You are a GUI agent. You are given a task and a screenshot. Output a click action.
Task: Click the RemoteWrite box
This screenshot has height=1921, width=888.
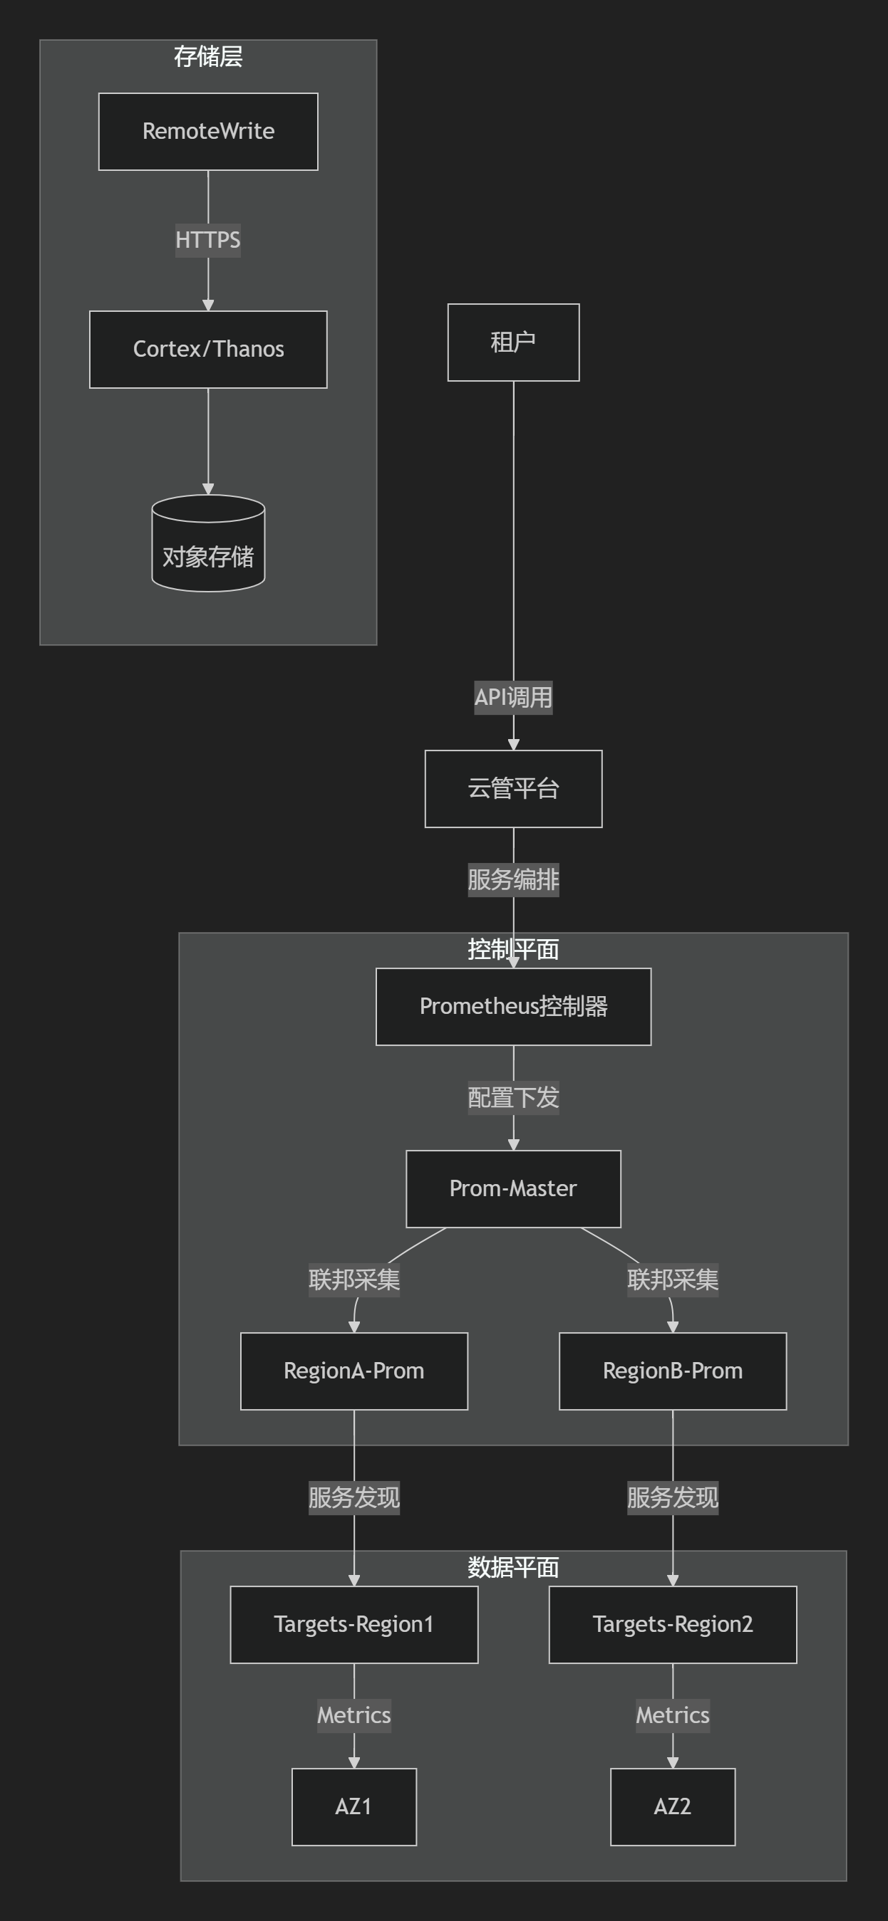coord(208,131)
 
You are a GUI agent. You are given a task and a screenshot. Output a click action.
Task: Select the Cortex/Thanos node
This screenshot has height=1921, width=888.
coord(208,349)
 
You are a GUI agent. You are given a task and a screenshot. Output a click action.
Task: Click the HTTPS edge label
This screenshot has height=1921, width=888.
coord(208,240)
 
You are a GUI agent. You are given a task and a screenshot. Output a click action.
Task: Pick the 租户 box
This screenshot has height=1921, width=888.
coord(513,342)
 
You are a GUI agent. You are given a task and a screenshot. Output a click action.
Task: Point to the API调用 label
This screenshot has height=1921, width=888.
coord(513,697)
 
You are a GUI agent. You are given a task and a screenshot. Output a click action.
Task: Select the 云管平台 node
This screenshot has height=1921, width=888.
coord(513,788)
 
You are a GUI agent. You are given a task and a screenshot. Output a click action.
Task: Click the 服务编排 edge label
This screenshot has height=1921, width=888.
coord(513,880)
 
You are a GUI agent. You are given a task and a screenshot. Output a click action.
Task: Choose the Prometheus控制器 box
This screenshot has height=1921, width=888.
coord(513,1006)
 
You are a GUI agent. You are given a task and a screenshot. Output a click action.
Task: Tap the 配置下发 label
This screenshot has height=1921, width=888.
coord(513,1098)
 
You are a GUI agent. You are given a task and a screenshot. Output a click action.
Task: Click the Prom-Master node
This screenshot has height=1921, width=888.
coord(513,1188)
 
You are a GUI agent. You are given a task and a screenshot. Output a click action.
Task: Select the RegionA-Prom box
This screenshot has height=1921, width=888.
coord(353,1371)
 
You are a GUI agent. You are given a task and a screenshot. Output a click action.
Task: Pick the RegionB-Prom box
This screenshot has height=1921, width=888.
coord(672,1371)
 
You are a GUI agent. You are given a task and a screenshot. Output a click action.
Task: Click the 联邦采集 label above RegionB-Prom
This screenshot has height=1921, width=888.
coord(672,1279)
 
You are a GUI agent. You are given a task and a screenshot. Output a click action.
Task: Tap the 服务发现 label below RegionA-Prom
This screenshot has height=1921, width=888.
coord(353,1497)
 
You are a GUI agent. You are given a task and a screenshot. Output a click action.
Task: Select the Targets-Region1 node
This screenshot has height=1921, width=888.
coord(353,1624)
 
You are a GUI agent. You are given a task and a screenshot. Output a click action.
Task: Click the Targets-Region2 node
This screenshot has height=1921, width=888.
coord(672,1624)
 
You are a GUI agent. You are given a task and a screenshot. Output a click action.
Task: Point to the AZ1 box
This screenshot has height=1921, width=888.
coord(353,1806)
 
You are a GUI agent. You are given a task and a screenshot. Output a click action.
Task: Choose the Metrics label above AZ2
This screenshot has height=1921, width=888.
coord(672,1715)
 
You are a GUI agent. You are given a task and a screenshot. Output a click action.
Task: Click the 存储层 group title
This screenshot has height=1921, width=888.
coord(208,57)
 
